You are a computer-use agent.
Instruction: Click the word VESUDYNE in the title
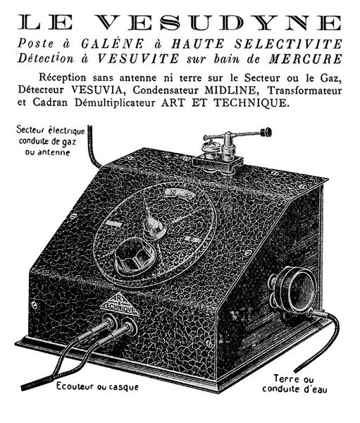click(x=218, y=23)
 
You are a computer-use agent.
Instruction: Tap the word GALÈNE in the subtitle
click(x=113, y=44)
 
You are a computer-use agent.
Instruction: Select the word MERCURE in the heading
click(x=305, y=59)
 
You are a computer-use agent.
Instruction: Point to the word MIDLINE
click(x=230, y=90)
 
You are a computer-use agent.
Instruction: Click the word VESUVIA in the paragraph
click(x=98, y=90)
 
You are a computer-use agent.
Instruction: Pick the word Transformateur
click(x=304, y=90)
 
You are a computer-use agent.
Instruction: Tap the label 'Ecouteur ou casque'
click(x=97, y=386)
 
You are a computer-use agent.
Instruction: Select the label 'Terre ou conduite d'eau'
click(x=294, y=384)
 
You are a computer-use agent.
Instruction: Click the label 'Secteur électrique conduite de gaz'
click(x=50, y=135)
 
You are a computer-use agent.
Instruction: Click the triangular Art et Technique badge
click(x=120, y=305)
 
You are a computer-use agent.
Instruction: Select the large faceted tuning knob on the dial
click(x=135, y=257)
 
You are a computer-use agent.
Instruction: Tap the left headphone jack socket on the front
click(x=108, y=321)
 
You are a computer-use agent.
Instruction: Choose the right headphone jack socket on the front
click(x=129, y=326)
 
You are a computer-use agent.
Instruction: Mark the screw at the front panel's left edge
click(x=35, y=305)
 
